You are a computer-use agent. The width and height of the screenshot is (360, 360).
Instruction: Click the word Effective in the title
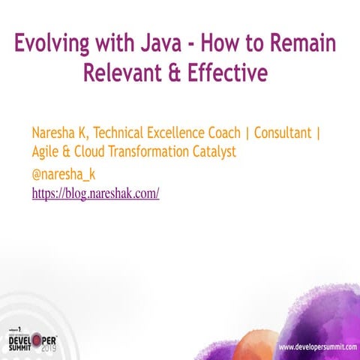(228, 73)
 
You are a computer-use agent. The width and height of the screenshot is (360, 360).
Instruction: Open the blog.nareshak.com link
(95, 193)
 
